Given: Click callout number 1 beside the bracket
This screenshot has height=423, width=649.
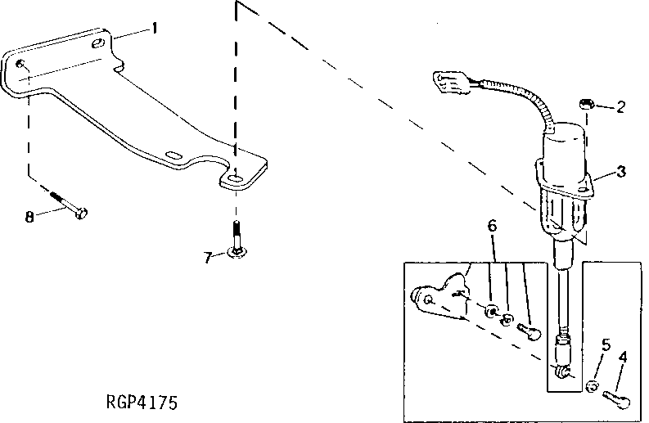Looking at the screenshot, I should click(x=153, y=29).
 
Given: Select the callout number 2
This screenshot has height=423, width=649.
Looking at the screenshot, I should click(x=621, y=106).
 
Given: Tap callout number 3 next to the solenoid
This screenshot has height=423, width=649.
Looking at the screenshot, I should click(x=621, y=171).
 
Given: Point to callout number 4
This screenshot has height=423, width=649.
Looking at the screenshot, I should click(x=624, y=356).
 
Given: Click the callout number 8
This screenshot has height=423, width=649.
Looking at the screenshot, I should click(x=29, y=217).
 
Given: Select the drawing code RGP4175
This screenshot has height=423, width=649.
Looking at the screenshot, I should click(x=142, y=403).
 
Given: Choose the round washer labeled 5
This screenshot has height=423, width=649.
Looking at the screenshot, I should click(x=593, y=385).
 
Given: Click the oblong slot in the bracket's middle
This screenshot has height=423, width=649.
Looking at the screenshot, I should click(x=174, y=153).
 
